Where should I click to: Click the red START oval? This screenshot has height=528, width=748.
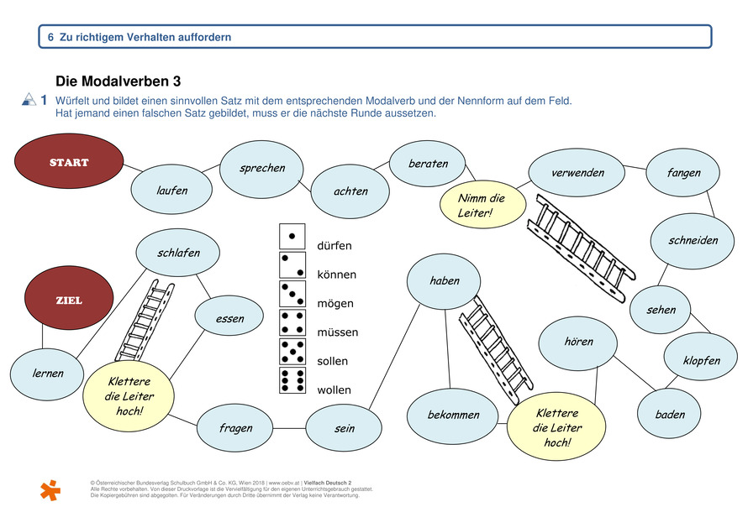[70, 162]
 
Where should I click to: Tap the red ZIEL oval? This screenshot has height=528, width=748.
[69, 300]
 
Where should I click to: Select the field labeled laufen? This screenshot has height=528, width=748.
[171, 191]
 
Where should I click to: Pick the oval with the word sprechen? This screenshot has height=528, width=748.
[262, 168]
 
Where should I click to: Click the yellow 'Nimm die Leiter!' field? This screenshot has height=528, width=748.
[482, 206]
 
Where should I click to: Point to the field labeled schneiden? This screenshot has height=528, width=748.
[693, 240]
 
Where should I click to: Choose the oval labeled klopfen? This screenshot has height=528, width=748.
[702, 360]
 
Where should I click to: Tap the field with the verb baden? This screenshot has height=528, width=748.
[670, 414]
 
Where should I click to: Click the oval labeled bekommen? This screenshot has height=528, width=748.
[454, 415]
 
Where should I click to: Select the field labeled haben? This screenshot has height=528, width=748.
[445, 280]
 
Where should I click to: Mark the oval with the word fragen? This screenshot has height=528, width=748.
[235, 428]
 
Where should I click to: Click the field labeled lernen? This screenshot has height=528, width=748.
[48, 373]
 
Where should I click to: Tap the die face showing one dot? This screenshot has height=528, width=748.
[292, 236]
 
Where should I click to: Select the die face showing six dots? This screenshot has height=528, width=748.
[292, 379]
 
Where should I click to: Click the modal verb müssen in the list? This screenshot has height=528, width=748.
[337, 332]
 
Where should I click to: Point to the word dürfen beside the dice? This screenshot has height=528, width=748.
[334, 246]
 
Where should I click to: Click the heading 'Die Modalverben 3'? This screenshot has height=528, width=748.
[118, 81]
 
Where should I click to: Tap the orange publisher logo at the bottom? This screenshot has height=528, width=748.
[50, 489]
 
